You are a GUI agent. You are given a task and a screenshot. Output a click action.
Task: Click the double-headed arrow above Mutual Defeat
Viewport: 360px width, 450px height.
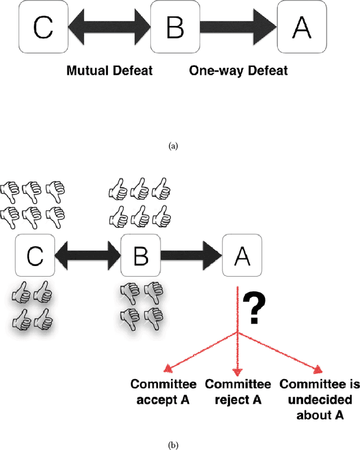tap(108, 27)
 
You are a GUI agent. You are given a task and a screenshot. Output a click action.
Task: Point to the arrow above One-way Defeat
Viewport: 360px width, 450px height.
tap(235, 27)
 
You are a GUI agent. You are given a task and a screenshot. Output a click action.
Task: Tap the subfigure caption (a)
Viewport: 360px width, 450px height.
tap(173, 146)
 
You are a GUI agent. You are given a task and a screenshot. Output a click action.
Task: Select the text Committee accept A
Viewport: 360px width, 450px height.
tap(164, 391)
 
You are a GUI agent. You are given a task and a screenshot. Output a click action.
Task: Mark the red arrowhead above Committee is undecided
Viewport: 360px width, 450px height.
tap(319, 368)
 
